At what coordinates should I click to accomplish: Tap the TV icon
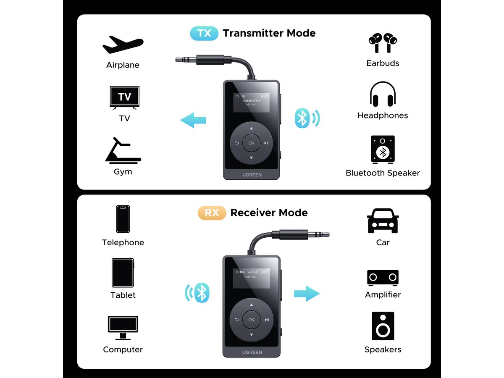(x=124, y=97)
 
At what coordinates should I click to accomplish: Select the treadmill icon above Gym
(x=123, y=150)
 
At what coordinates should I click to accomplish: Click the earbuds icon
(x=383, y=43)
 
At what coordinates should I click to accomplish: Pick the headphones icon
(x=383, y=94)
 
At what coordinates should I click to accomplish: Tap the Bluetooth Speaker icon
(x=383, y=150)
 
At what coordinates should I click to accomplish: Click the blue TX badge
(x=204, y=33)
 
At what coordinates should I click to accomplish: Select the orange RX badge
(x=212, y=213)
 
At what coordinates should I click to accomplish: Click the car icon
(x=383, y=221)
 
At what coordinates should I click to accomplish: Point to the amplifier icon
(x=383, y=278)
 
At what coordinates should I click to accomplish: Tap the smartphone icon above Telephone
(x=123, y=219)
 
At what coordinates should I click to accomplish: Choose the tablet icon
(x=123, y=273)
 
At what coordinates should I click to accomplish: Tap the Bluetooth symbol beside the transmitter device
(x=303, y=118)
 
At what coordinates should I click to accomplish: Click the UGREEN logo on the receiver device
(x=251, y=352)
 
